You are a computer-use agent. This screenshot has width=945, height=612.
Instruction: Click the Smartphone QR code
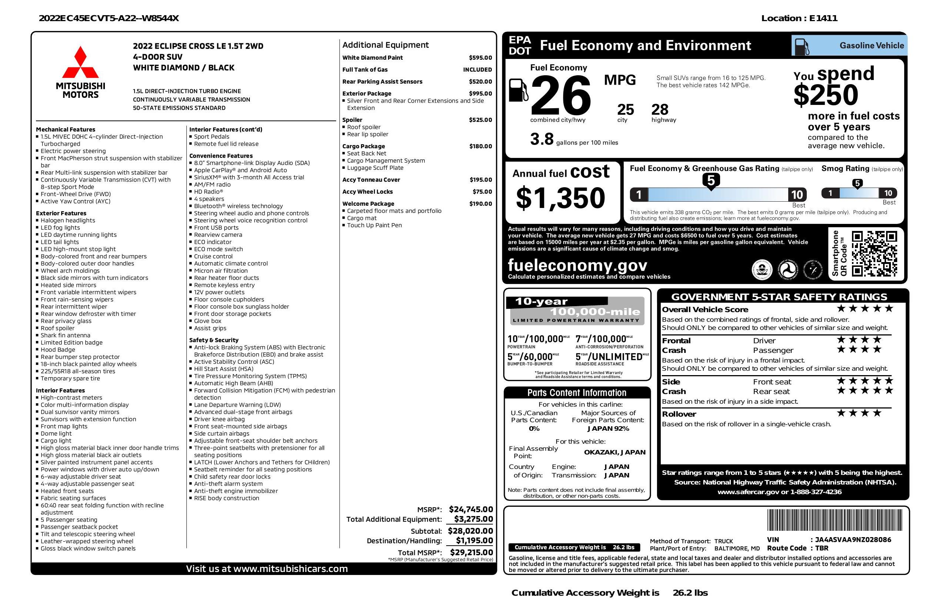click(874, 254)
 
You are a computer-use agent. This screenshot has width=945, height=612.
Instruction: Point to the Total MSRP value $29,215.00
click(471, 552)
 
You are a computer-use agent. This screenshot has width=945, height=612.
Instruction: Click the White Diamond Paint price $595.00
click(480, 57)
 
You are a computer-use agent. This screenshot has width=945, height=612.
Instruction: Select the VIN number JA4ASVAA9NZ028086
click(853, 540)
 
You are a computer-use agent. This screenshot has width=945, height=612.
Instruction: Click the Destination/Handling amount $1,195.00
click(474, 540)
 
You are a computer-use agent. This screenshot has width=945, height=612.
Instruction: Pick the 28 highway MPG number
click(660, 110)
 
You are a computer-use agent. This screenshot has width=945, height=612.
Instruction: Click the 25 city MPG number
click(626, 110)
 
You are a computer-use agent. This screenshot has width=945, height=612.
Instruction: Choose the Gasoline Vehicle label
click(872, 46)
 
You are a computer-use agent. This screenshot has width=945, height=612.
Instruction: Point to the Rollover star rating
click(859, 413)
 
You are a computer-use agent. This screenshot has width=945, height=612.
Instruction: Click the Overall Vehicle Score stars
click(865, 308)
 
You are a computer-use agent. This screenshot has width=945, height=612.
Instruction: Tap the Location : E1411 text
click(799, 18)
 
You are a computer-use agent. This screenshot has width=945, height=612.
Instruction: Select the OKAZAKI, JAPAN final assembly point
click(614, 452)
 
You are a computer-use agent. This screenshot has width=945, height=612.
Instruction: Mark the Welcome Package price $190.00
click(480, 204)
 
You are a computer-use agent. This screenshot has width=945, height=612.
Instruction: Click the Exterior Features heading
click(61, 213)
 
